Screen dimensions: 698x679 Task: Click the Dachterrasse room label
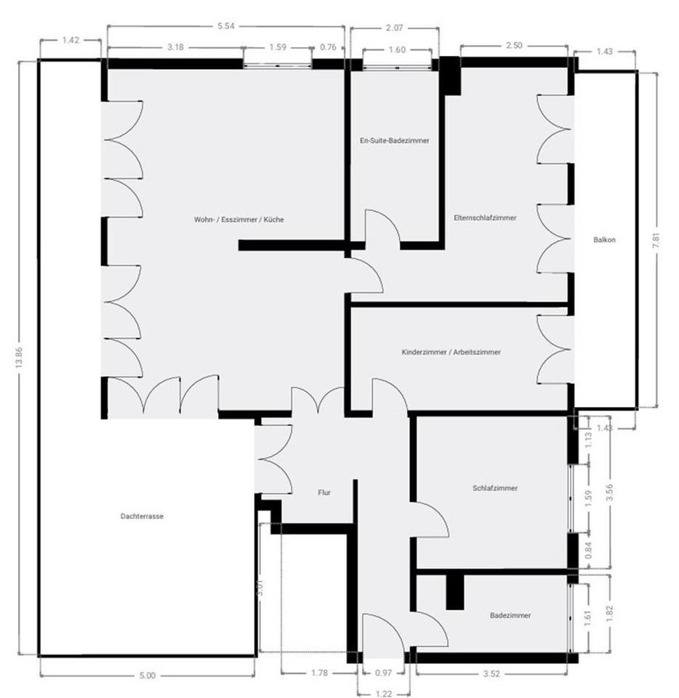coord(142,516)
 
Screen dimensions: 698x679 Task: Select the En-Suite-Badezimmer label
coord(394,140)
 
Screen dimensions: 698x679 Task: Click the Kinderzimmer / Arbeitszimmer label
coord(451,352)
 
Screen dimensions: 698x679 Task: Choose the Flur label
coord(324,492)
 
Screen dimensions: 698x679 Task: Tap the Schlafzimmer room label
coord(495,488)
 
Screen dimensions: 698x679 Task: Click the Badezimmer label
coord(510,615)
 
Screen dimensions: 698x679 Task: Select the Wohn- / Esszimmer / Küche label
coord(234,220)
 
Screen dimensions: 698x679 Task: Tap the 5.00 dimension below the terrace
coord(148,675)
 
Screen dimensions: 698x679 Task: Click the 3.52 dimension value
coord(491,673)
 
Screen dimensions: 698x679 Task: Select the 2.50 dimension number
coord(514,47)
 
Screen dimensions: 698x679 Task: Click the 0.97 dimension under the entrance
coord(382,673)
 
